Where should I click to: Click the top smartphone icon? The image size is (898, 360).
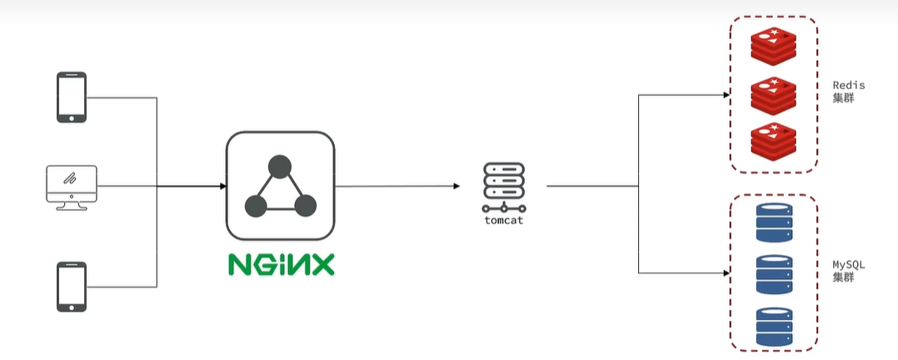tap(72, 97)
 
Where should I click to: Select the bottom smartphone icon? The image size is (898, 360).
tap(72, 287)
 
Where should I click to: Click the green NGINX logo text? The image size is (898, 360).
tap(281, 264)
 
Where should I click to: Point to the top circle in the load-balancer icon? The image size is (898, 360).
tap(280, 165)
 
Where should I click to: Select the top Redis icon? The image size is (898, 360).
tap(772, 47)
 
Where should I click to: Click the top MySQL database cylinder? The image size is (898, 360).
tap(774, 222)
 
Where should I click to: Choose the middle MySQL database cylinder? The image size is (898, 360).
tap(774, 274)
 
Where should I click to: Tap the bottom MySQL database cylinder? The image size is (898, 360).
tap(774, 326)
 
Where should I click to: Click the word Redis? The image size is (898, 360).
tap(849, 85)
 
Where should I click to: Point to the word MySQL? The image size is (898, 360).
tap(849, 264)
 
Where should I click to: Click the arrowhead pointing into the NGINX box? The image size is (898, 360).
tap(222, 185)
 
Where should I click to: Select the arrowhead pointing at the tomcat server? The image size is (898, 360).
tap(457, 185)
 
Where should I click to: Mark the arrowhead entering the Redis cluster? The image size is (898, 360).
tap(726, 94)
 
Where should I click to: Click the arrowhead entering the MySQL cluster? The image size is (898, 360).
tap(726, 272)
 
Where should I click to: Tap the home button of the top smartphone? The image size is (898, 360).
tap(72, 117)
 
